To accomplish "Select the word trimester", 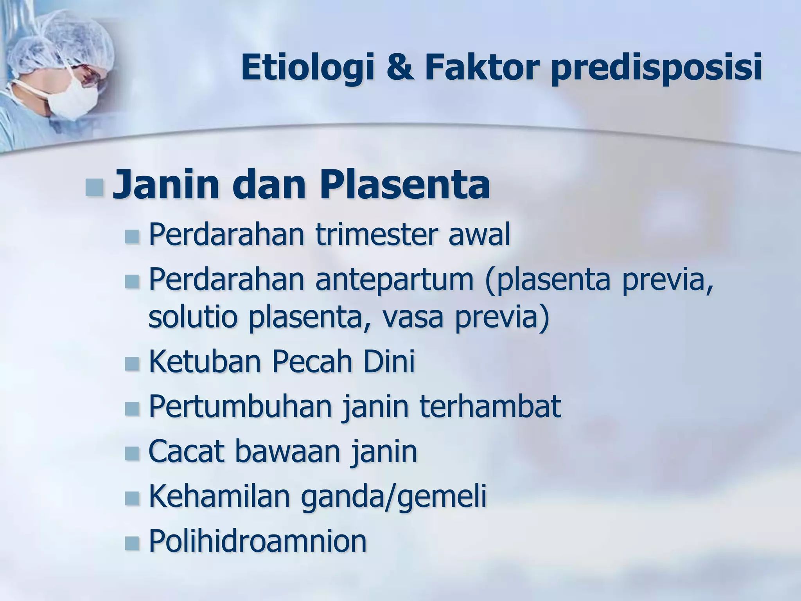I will pyautogui.click(x=372, y=235).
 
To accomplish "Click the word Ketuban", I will pyautogui.click(x=205, y=362).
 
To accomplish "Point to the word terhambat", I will pyautogui.click(x=490, y=407).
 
